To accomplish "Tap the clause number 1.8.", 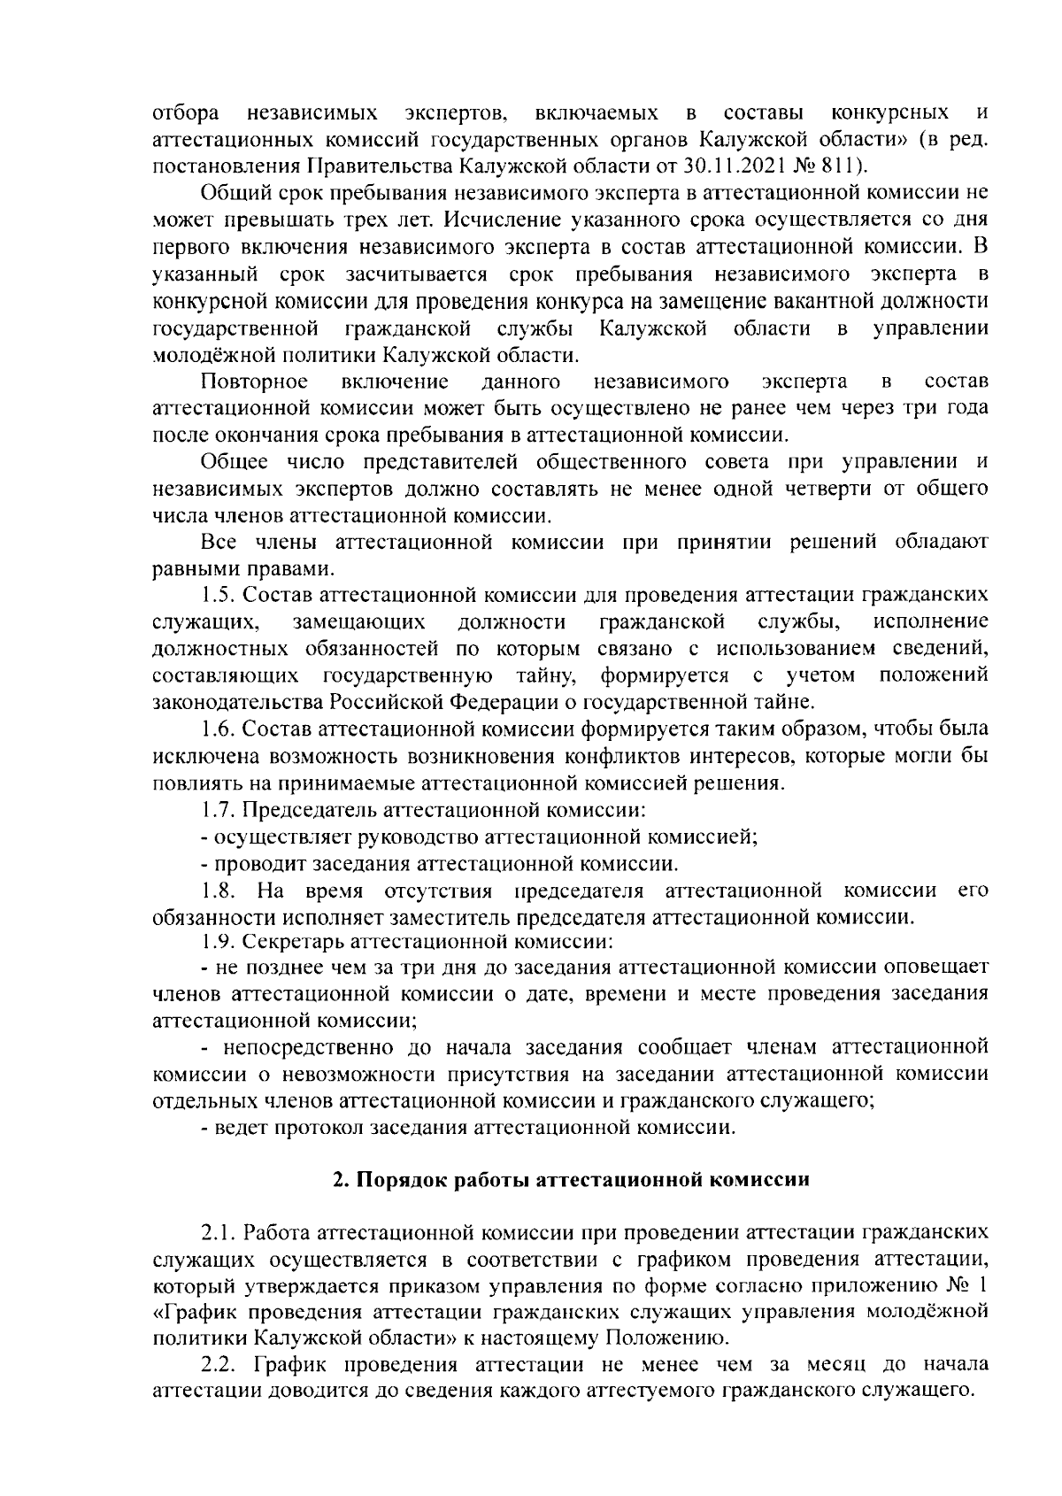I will click(216, 890).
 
